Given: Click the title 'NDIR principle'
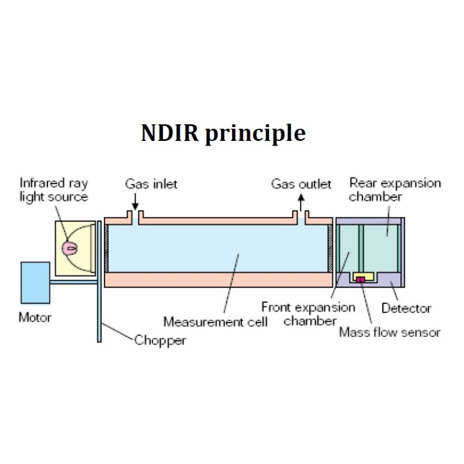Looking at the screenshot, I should [x=223, y=133].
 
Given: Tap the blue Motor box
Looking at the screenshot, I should [x=35, y=282].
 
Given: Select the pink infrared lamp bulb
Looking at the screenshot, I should [x=71, y=248].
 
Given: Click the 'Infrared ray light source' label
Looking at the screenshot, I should [x=53, y=190].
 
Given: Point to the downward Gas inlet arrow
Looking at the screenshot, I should [x=135, y=202].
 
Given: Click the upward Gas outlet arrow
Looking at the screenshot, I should [x=300, y=202].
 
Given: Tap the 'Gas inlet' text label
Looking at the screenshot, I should [x=151, y=184].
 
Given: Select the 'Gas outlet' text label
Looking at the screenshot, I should [x=301, y=184].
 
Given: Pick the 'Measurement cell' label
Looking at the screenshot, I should [x=215, y=321].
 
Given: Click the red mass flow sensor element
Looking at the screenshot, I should [x=360, y=280].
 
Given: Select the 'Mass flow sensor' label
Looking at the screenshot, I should [x=389, y=333].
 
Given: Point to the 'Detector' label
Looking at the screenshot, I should [x=405, y=309].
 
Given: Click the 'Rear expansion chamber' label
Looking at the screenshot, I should [x=394, y=190].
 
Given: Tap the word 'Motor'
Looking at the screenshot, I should [x=35, y=318].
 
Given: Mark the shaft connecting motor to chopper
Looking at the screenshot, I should [x=73, y=281].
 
